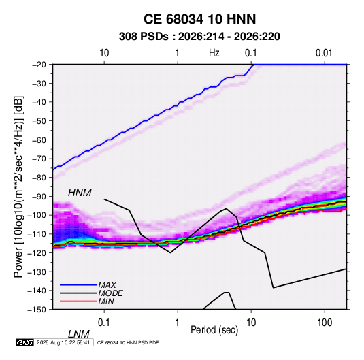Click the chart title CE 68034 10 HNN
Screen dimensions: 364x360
click(x=199, y=19)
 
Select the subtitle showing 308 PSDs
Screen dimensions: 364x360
click(x=199, y=37)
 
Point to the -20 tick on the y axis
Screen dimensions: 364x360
click(x=39, y=65)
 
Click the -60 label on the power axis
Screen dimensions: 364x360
click(x=39, y=140)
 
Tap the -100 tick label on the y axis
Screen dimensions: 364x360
click(x=37, y=215)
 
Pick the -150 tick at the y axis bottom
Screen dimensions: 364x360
click(x=37, y=310)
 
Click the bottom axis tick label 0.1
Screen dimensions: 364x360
click(x=104, y=323)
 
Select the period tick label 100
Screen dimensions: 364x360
click(x=325, y=323)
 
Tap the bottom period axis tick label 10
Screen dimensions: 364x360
click(x=251, y=323)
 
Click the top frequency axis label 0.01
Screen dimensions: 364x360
click(x=324, y=53)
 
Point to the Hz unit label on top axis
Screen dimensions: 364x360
click(x=214, y=53)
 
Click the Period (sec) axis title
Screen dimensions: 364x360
click(x=214, y=330)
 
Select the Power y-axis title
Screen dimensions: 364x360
click(x=18, y=186)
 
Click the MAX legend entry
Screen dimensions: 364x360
click(x=107, y=285)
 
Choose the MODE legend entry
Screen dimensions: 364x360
click(x=110, y=293)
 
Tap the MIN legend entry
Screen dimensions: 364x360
click(x=106, y=301)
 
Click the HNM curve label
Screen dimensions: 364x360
click(x=80, y=193)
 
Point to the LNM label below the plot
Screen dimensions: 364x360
click(x=78, y=334)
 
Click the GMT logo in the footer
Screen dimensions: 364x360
click(x=25, y=342)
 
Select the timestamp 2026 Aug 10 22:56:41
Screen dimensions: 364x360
click(x=63, y=342)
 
